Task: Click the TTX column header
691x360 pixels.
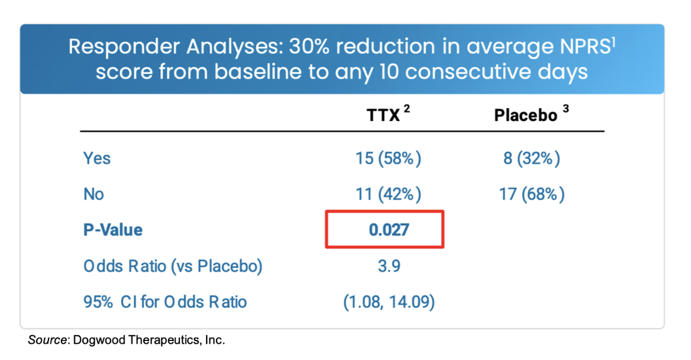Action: click(x=383, y=116)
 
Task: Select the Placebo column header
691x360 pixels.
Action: click(x=525, y=116)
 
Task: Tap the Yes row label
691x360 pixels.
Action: click(x=97, y=158)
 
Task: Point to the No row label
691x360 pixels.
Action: click(x=94, y=194)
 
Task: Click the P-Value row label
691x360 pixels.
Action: click(x=113, y=230)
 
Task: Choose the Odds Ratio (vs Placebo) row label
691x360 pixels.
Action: click(x=173, y=266)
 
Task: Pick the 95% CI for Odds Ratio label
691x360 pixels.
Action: click(x=165, y=302)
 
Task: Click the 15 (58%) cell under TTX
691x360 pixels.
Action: click(x=389, y=158)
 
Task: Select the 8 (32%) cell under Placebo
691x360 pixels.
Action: click(x=531, y=158)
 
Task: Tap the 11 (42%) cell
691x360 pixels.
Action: click(x=389, y=194)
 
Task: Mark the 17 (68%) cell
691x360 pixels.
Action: click(x=531, y=194)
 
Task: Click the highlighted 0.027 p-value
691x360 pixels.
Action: click(x=389, y=230)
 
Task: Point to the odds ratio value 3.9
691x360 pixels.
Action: click(x=389, y=266)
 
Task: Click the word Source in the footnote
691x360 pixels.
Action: click(x=48, y=340)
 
